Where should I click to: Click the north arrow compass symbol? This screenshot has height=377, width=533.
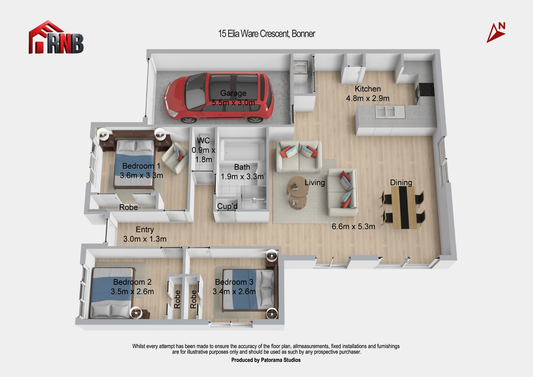pyautogui.click(x=496, y=33)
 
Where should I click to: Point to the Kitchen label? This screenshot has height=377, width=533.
pyautogui.click(x=368, y=89)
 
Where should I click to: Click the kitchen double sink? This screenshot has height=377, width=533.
pyautogui.click(x=390, y=112)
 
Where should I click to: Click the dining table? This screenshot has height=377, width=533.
pyautogui.click(x=403, y=207)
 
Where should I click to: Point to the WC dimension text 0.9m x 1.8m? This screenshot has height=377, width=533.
pyautogui.click(x=204, y=155)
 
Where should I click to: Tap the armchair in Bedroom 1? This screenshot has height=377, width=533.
pyautogui.click(x=175, y=158)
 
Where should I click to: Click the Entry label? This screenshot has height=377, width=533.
pyautogui.click(x=145, y=229)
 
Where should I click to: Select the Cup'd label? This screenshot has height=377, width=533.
pyautogui.click(x=227, y=206)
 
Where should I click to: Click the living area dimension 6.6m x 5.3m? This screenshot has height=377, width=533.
pyautogui.click(x=353, y=226)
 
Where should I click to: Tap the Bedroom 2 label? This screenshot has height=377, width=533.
pyautogui.click(x=132, y=282)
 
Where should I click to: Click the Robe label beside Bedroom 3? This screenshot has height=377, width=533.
pyautogui.click(x=193, y=299)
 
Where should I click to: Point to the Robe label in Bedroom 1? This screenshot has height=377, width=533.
pyautogui.click(x=128, y=207)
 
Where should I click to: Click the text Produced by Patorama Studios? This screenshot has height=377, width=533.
pyautogui.click(x=266, y=360)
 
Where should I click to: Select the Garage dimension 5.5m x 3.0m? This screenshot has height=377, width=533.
pyautogui.click(x=233, y=102)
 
